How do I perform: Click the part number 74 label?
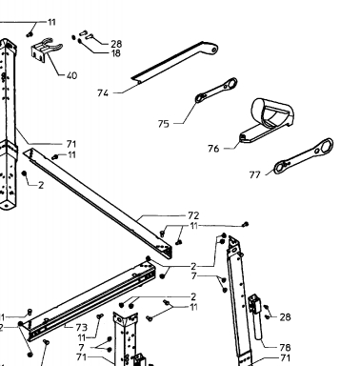coord(103,93)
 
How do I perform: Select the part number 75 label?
coord(163,124)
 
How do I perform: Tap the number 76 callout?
coord(213,149)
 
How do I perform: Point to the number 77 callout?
coord(254,174)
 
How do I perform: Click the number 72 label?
coord(193,215)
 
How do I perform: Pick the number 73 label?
coord(81,327)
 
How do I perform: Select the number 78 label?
coord(285,347)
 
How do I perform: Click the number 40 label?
coord(71,75)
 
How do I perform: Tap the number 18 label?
coord(116,53)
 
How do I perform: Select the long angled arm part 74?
coord(174,62)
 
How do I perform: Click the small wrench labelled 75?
coord(216,91)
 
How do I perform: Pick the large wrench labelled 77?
coord(303,156)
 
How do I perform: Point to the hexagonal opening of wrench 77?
coord(324,147)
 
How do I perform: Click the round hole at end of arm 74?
coord(214,50)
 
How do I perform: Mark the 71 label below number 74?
coord(71,144)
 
